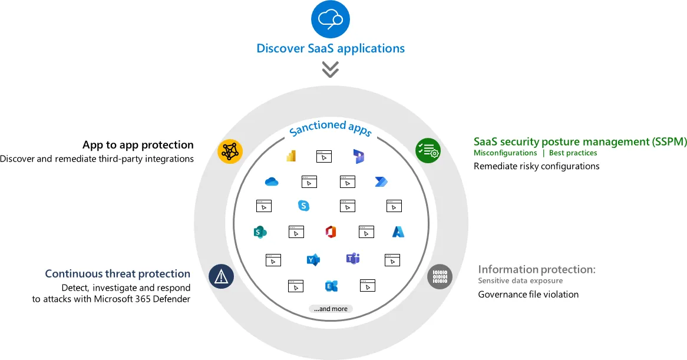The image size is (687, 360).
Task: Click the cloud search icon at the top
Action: click(x=330, y=19)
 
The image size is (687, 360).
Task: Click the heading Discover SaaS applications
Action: click(x=331, y=48)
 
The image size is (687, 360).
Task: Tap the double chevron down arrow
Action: click(x=331, y=70)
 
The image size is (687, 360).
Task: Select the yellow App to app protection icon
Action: click(x=229, y=151)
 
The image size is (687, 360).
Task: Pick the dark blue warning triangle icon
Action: click(x=222, y=276)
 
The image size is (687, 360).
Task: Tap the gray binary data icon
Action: click(x=440, y=276)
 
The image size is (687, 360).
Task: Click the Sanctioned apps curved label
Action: click(x=331, y=127)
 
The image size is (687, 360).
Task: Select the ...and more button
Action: click(x=331, y=309)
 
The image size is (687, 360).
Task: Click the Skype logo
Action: click(x=304, y=206)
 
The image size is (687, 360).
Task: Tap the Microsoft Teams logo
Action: click(x=353, y=259)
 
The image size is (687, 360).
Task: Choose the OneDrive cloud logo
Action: click(x=272, y=182)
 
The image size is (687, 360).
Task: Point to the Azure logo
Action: click(x=398, y=232)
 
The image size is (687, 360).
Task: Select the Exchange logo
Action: click(x=331, y=286)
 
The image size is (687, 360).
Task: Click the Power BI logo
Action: click(x=290, y=156)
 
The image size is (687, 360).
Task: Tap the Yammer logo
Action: click(x=313, y=260)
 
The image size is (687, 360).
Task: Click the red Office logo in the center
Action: click(x=331, y=232)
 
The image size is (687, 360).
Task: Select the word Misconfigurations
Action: click(x=505, y=153)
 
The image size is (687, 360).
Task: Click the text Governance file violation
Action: click(x=528, y=294)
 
